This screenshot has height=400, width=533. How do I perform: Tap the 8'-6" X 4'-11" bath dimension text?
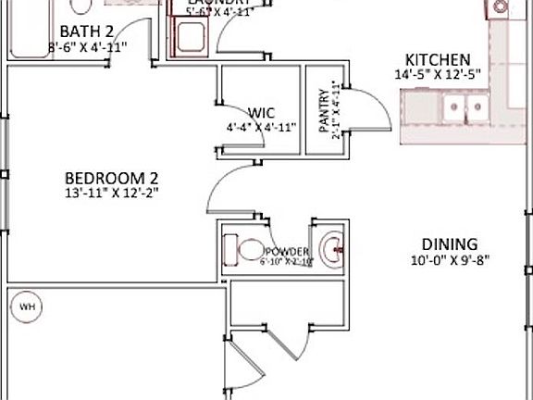(x=87, y=45)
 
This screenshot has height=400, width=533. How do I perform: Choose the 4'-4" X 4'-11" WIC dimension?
(x=261, y=128)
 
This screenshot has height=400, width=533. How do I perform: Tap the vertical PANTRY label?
(x=324, y=112)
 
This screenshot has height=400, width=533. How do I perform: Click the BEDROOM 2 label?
(x=112, y=178)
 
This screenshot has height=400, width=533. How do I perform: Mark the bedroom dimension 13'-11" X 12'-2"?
(x=112, y=193)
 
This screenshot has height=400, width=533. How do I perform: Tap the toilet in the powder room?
(x=247, y=250)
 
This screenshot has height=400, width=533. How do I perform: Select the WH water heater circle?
(x=27, y=306)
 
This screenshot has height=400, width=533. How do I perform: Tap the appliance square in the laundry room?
(x=192, y=38)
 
